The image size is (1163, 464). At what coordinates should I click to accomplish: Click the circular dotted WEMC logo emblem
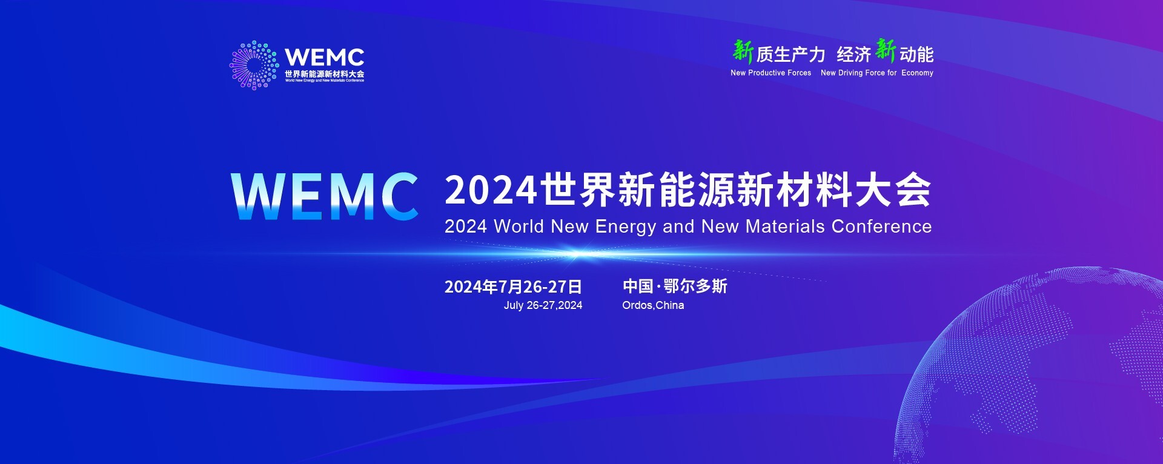pyautogui.click(x=253, y=65)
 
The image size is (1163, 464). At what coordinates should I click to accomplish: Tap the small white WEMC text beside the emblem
pyautogui.click(x=324, y=58)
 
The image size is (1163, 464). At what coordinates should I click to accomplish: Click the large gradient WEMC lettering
pyautogui.click(x=325, y=196)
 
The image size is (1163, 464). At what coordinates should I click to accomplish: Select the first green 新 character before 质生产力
pyautogui.click(x=743, y=51)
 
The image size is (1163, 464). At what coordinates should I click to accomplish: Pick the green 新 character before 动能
pyautogui.click(x=886, y=50)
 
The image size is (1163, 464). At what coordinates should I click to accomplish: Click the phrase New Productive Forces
pyautogui.click(x=770, y=73)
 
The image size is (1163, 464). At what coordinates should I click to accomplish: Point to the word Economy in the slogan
pyautogui.click(x=917, y=73)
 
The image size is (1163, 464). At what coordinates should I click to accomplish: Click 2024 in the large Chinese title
pyautogui.click(x=491, y=190)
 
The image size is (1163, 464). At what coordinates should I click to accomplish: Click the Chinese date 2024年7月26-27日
pyautogui.click(x=513, y=287)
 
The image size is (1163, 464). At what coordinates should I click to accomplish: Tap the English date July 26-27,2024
pyautogui.click(x=543, y=305)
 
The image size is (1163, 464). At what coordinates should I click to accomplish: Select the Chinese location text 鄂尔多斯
pyautogui.click(x=695, y=286)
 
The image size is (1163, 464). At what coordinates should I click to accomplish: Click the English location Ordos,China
pyautogui.click(x=653, y=305)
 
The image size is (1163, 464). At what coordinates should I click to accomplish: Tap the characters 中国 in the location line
pyautogui.click(x=638, y=286)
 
